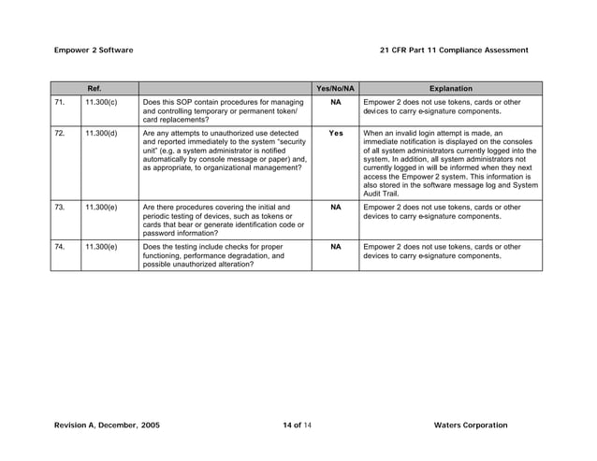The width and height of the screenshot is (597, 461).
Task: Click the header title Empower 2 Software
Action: (94, 49)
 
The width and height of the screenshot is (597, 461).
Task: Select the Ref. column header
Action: (95, 89)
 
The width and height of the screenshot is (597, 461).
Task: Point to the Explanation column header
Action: (450, 89)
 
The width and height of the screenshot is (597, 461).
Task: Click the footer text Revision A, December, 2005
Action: (107, 425)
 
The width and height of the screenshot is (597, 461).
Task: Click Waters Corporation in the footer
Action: (471, 425)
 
